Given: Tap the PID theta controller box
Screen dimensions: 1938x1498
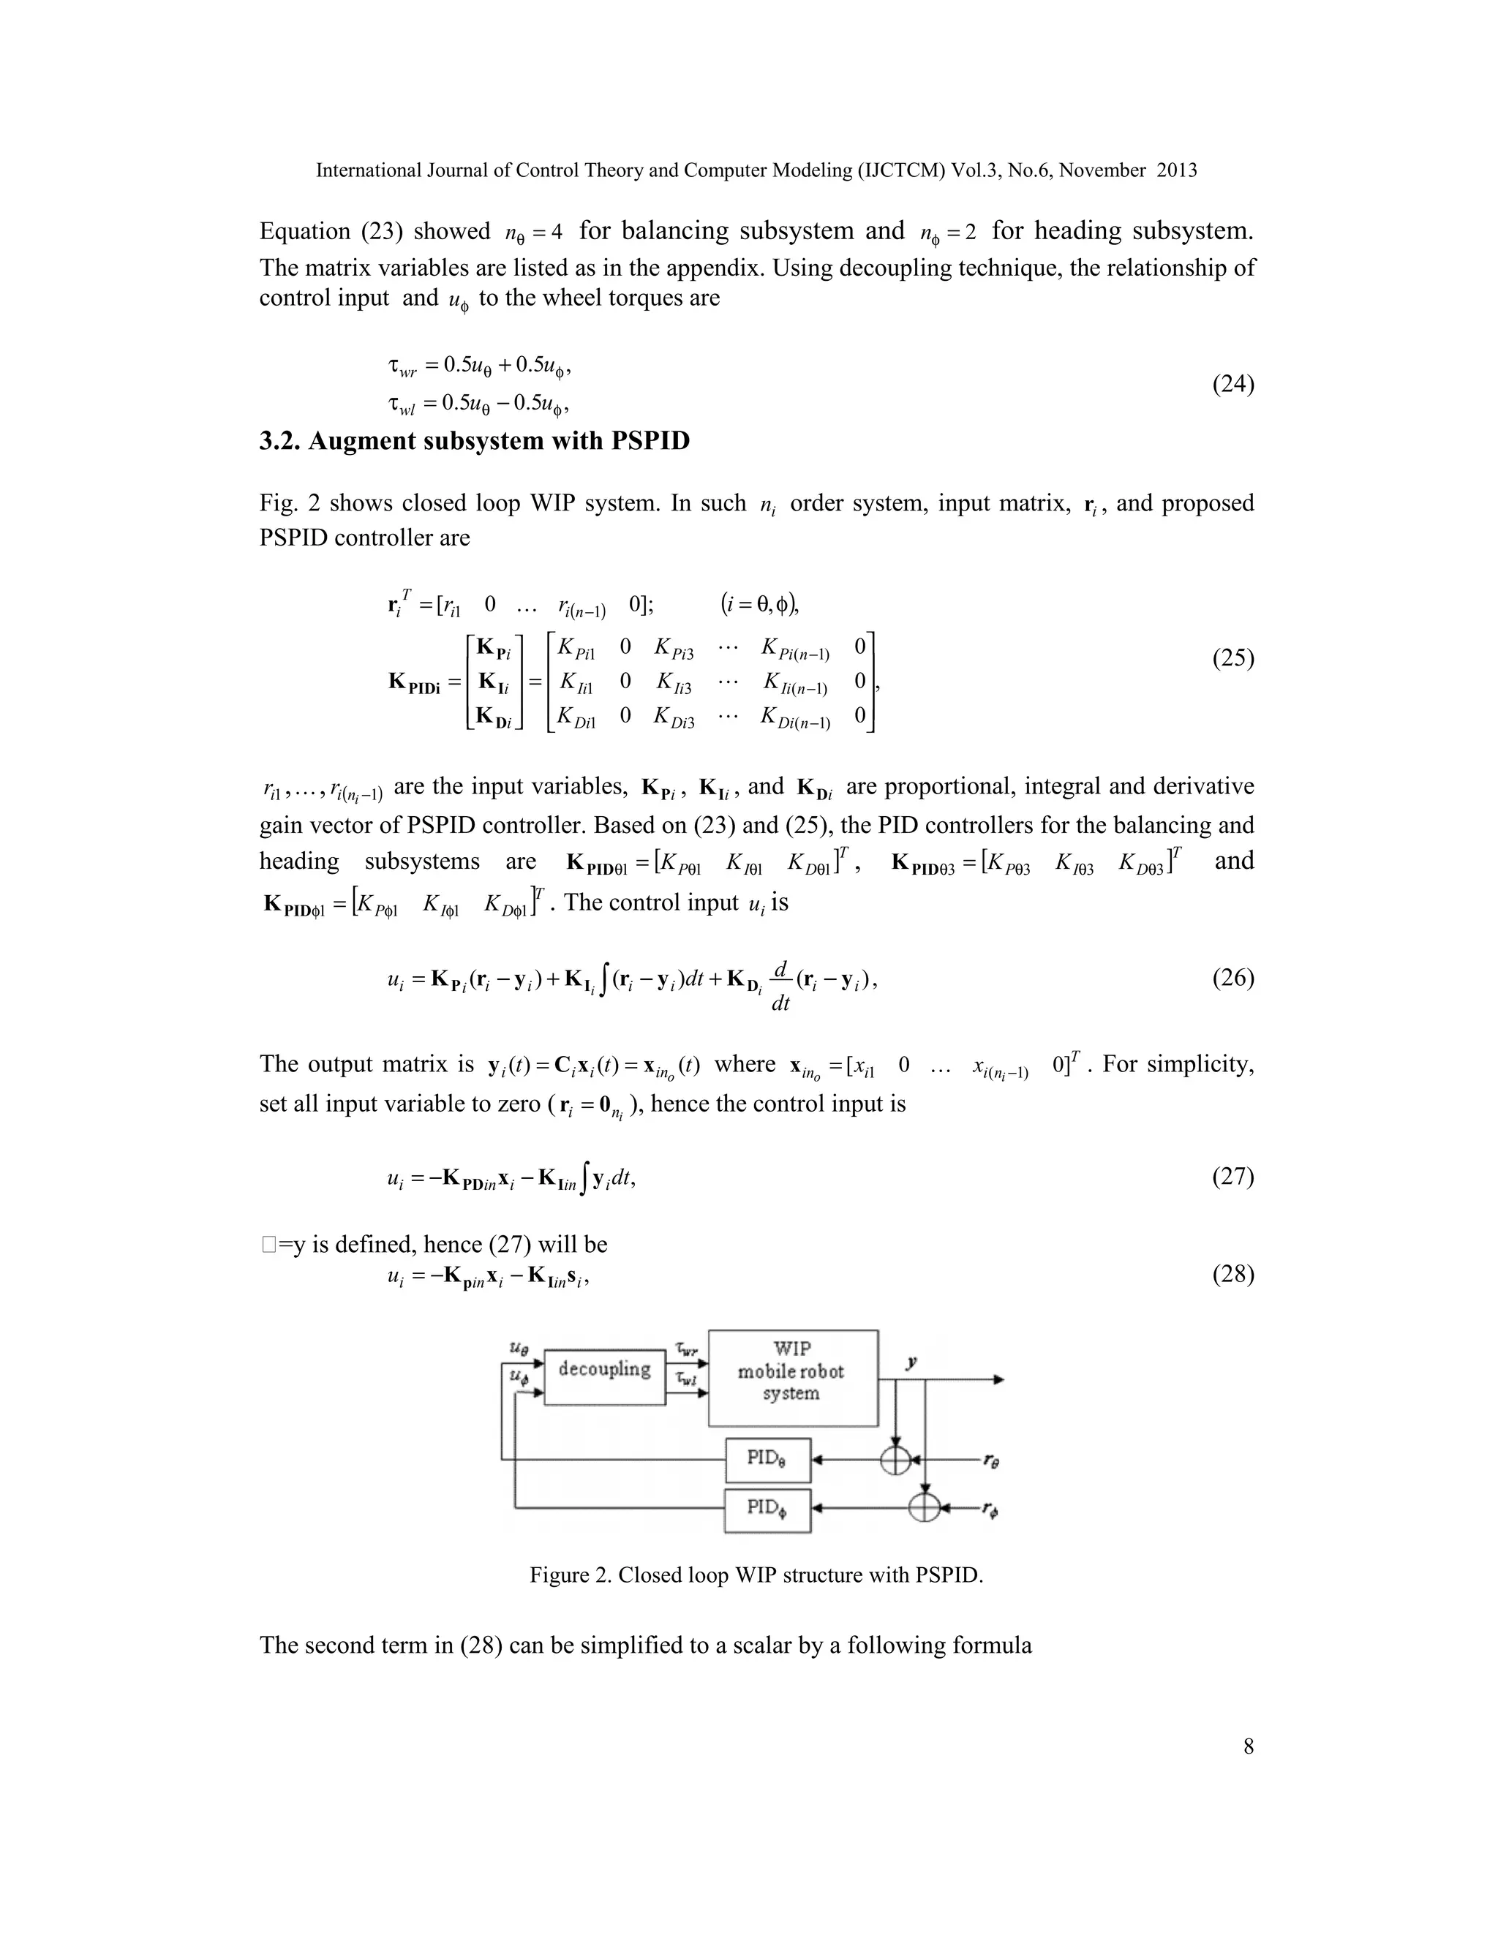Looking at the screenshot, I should click(x=767, y=1460).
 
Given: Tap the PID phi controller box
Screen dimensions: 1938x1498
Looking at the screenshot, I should click(x=767, y=1510).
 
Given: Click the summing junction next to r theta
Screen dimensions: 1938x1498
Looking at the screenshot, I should click(x=895, y=1460).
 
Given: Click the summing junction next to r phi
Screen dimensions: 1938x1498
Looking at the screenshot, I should click(x=925, y=1508).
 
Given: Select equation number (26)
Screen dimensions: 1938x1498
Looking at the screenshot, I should click(x=1232, y=978).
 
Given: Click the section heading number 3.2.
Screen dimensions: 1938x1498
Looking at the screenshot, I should click(x=279, y=441).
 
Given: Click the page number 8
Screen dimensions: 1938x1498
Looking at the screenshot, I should click(x=1248, y=1746).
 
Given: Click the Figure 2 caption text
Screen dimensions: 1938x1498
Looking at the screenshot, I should click(x=756, y=1575).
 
